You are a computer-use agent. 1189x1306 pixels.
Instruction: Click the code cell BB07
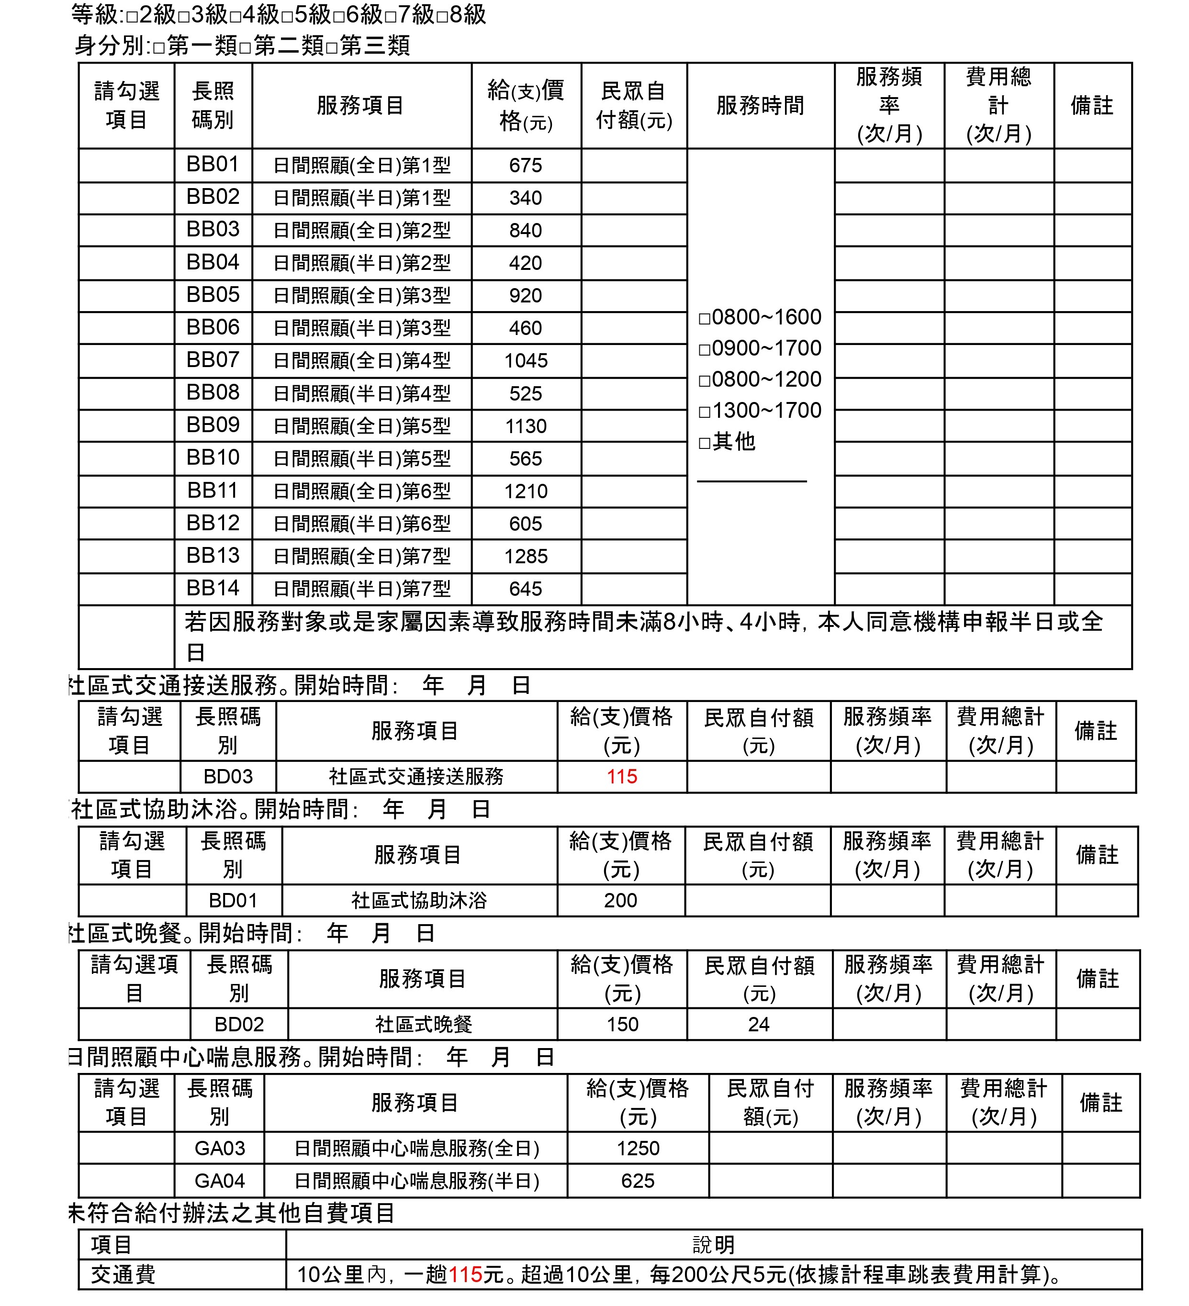tap(213, 359)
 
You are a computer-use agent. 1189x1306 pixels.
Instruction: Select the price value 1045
tap(526, 361)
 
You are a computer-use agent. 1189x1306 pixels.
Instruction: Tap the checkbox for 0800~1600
tap(704, 319)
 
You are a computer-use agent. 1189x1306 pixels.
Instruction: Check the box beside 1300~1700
tap(704, 412)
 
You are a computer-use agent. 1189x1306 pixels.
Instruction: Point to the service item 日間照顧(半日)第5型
tap(361, 458)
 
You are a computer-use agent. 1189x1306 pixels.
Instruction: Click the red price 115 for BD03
tap(621, 776)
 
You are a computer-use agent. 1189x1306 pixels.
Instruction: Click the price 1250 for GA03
tap(638, 1148)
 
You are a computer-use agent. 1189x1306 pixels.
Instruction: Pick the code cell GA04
tap(220, 1180)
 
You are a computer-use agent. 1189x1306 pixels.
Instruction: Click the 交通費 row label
tap(123, 1274)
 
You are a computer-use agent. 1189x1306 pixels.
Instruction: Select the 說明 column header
tap(713, 1244)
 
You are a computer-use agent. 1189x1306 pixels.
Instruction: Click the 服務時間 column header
tap(760, 105)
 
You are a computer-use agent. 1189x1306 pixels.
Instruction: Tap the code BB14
tap(213, 588)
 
